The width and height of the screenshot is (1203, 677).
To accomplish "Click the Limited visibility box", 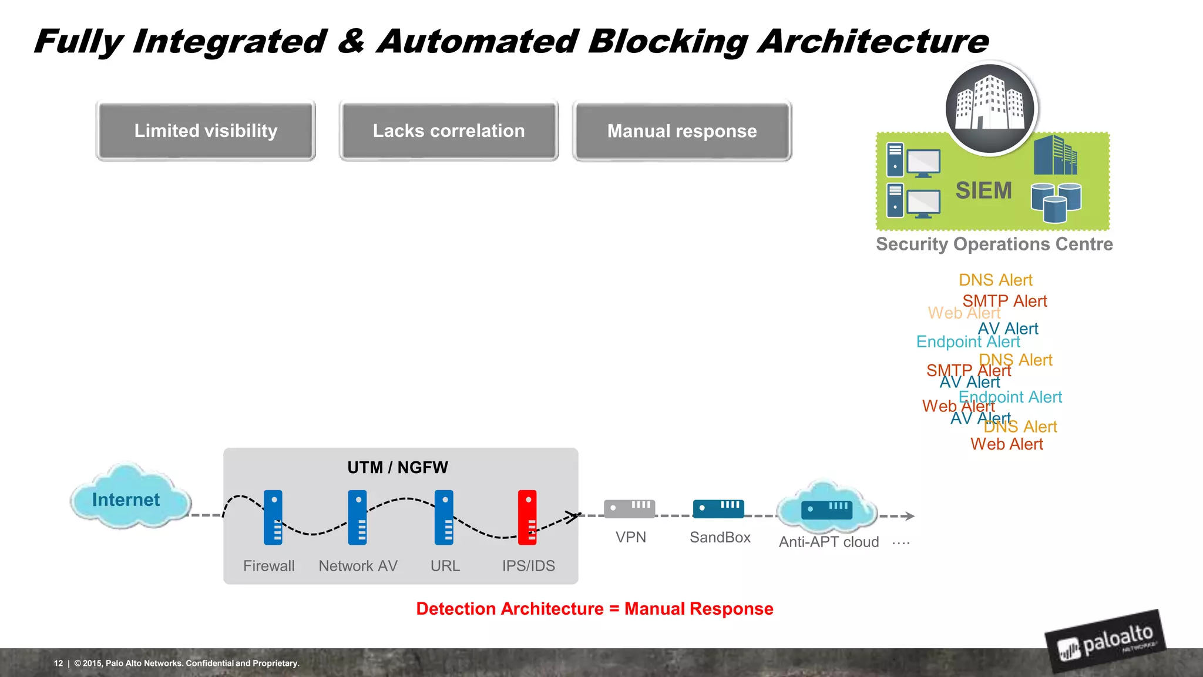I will click(206, 130).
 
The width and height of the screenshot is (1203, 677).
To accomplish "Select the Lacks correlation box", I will click(449, 130).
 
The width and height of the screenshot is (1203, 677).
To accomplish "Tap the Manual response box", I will click(682, 130).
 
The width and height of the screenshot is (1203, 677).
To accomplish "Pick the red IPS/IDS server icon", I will click(527, 517).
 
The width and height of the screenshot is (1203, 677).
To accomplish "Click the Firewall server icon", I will click(273, 517).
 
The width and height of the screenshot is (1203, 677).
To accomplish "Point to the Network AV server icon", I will click(357, 517).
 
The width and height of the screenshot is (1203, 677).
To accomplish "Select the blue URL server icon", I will click(444, 517).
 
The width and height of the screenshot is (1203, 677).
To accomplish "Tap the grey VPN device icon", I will click(629, 508).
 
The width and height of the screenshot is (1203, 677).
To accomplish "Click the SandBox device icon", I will click(718, 508).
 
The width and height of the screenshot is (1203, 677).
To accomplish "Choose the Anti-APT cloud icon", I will click(827, 507).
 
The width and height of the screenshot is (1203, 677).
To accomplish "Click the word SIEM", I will click(983, 190).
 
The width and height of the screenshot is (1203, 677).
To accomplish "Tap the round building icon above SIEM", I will click(990, 108).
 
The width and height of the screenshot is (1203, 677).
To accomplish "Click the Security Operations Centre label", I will click(994, 244).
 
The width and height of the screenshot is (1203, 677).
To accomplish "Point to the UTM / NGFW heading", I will click(398, 468).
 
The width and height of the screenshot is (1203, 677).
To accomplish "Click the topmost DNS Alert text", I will click(995, 280).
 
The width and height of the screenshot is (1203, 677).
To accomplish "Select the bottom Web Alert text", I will click(1006, 444).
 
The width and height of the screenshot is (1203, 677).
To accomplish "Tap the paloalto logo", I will click(1105, 642).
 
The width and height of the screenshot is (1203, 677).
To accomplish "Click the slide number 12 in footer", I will click(58, 663).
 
